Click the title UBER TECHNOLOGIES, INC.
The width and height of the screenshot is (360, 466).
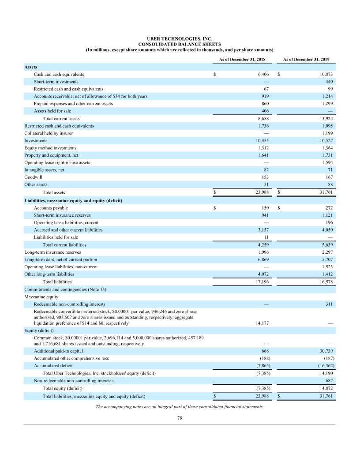point(180,39)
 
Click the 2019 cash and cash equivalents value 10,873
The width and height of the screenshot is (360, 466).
point(326,75)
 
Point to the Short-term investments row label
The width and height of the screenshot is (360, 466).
point(56,82)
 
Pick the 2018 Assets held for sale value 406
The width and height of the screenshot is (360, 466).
point(265,111)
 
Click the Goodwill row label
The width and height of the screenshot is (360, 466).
point(33,177)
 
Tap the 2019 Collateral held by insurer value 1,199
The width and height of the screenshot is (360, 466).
point(326,133)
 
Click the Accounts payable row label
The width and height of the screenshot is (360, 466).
point(51,207)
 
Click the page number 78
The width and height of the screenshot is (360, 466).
point(180,418)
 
